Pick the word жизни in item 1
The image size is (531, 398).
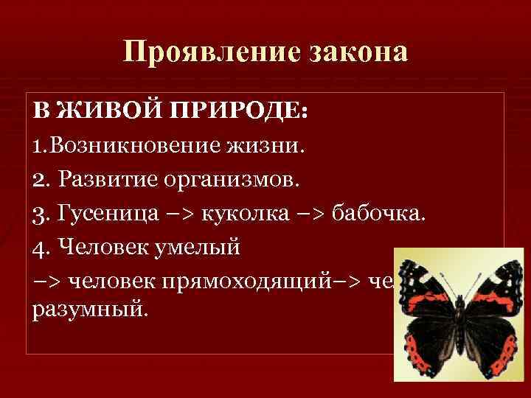coord(265,144)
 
